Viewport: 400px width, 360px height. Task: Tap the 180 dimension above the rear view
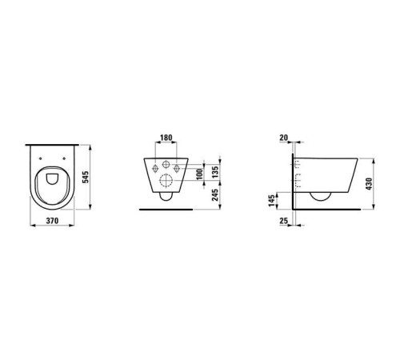[x=166, y=138]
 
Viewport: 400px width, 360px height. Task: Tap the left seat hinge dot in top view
[x=46, y=158]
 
